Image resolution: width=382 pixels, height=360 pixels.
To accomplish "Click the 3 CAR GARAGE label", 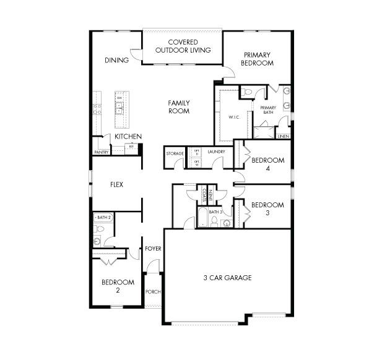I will pos(227,278).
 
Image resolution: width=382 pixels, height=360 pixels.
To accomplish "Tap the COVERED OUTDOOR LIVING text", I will pos(183,46).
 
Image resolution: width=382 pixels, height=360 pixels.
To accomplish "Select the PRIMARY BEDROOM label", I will pos(257,59).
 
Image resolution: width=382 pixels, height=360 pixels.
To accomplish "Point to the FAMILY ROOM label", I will pos(179,107).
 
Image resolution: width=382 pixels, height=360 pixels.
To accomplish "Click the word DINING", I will pos(116,60).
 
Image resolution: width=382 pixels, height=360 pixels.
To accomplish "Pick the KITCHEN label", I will pos(128,137).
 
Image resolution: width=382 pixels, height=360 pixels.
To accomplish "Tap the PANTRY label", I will pos(101,152).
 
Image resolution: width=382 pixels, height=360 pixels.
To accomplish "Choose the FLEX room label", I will pos(117,184).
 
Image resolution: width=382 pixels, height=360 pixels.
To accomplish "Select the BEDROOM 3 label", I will pos(267,209).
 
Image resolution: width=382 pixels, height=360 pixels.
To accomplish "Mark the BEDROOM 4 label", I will pos(267,164).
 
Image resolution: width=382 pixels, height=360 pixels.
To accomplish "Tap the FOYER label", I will pos(153,249).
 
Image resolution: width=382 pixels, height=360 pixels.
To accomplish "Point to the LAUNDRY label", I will pos(216,152).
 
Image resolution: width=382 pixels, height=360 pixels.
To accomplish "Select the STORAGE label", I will pos(175,153).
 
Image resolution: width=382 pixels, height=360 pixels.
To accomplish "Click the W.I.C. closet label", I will pos(233,116).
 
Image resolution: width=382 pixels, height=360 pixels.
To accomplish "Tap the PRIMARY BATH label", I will pos(267,110).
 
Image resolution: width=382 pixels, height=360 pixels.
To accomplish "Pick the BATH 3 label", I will pos(215,212).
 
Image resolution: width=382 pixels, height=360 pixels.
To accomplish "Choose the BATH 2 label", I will pos(103,218).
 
